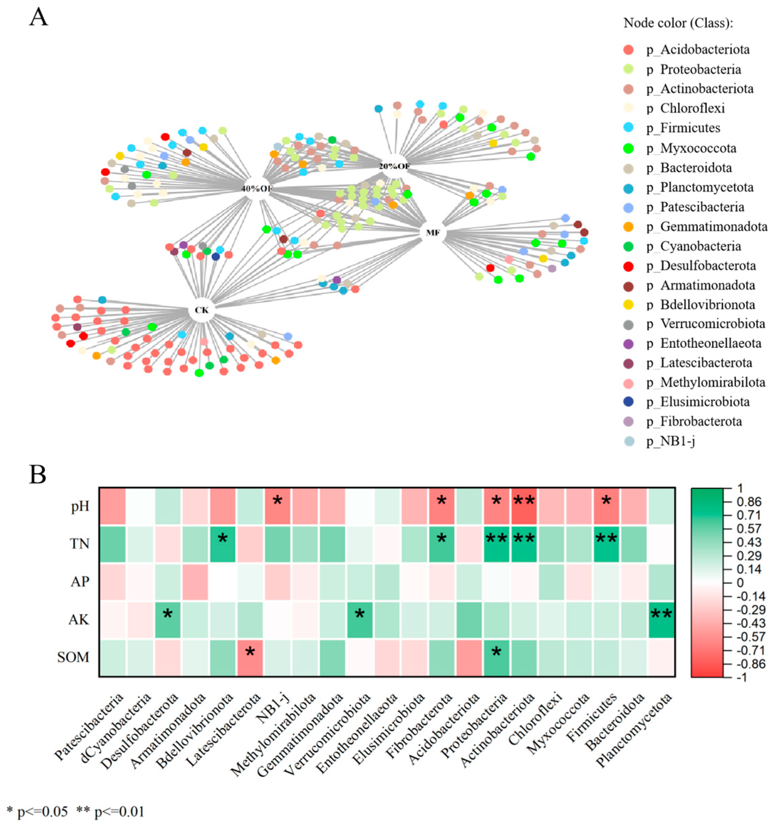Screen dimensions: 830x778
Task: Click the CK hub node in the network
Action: click(x=202, y=310)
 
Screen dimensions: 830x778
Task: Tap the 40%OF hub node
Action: click(x=256, y=188)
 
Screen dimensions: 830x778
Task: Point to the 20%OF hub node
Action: click(x=394, y=166)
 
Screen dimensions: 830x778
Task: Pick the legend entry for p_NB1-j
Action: click(x=671, y=441)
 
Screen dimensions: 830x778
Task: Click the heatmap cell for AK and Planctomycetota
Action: click(x=662, y=619)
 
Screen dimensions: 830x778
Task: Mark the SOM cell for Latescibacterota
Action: click(x=250, y=658)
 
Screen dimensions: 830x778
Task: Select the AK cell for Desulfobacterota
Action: click(x=168, y=619)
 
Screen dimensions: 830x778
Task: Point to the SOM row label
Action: click(x=73, y=658)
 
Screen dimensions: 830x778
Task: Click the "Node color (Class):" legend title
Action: click(x=678, y=23)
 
